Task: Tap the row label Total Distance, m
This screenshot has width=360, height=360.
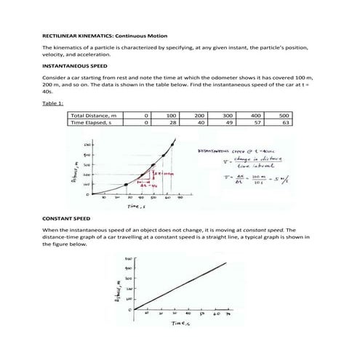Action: pyautogui.click(x=94, y=115)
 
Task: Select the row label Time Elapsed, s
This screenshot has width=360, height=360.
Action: pyautogui.click(x=92, y=123)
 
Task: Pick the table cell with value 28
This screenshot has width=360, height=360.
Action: pyautogui.click(x=172, y=123)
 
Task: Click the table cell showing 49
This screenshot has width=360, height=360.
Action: pyautogui.click(x=228, y=123)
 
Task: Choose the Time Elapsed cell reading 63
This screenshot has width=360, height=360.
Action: pyautogui.click(x=285, y=123)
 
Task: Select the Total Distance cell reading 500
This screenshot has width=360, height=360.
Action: pyautogui.click(x=284, y=115)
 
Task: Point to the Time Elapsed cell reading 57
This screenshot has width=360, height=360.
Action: pyautogui.click(x=256, y=123)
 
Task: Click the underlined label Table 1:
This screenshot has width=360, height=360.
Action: pyautogui.click(x=53, y=103)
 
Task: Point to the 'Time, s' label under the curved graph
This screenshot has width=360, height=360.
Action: pyautogui.click(x=137, y=207)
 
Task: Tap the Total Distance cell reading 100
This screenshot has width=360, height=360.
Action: pyautogui.click(x=172, y=115)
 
